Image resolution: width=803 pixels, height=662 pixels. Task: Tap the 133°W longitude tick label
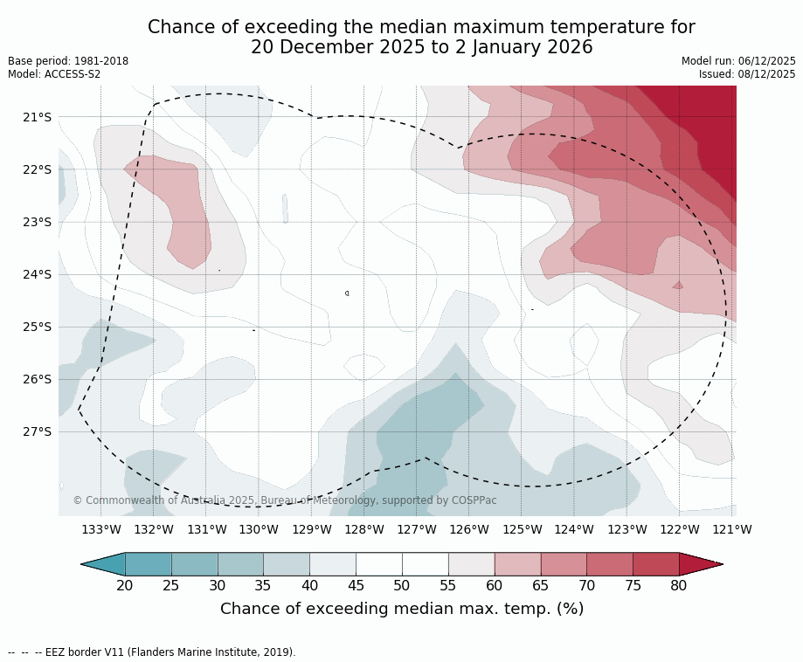coord(100,529)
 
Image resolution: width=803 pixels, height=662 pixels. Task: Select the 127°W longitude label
coord(416,529)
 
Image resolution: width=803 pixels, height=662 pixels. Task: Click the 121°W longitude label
coord(731,529)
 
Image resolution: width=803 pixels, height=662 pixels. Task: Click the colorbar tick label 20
coord(125,585)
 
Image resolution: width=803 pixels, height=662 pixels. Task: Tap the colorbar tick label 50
coord(402,585)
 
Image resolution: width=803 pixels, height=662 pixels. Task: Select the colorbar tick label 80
coord(679,585)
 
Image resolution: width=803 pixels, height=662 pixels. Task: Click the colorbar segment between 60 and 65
coord(517,564)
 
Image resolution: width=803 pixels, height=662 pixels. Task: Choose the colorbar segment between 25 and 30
coord(195,564)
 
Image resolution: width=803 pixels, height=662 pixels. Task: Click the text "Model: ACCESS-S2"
coord(54,74)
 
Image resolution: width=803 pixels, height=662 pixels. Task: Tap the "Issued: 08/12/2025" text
coord(747,74)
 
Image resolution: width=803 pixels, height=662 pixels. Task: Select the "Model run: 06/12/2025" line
coord(738,61)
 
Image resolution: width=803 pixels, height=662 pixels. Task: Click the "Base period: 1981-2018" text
coord(68,61)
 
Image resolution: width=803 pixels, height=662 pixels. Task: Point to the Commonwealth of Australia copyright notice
coord(285,500)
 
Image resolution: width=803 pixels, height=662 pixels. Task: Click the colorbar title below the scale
coord(402,609)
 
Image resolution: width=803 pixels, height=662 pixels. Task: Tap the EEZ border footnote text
coord(152,652)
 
